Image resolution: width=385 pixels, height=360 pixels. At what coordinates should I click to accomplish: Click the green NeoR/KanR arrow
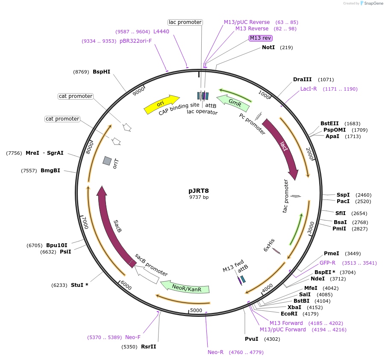(185, 286)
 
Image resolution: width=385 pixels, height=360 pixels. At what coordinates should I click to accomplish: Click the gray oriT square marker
(107, 161)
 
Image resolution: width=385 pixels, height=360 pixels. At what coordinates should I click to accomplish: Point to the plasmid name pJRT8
(199, 191)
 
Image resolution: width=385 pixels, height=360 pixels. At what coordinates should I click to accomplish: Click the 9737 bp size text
(199, 197)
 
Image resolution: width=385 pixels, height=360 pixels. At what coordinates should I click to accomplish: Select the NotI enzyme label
(268, 47)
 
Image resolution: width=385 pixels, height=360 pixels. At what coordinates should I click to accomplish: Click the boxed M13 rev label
(261, 38)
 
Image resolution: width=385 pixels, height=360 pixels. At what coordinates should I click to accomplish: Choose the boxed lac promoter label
(185, 22)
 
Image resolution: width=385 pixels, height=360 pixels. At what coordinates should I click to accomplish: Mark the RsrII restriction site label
(148, 346)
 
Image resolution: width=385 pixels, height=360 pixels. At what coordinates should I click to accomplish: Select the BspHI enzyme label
(101, 72)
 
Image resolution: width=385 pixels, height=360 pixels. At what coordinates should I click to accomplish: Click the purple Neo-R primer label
(216, 352)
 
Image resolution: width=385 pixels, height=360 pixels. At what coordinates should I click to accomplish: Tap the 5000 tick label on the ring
(196, 310)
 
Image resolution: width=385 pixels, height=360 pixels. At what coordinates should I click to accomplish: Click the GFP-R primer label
(327, 263)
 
